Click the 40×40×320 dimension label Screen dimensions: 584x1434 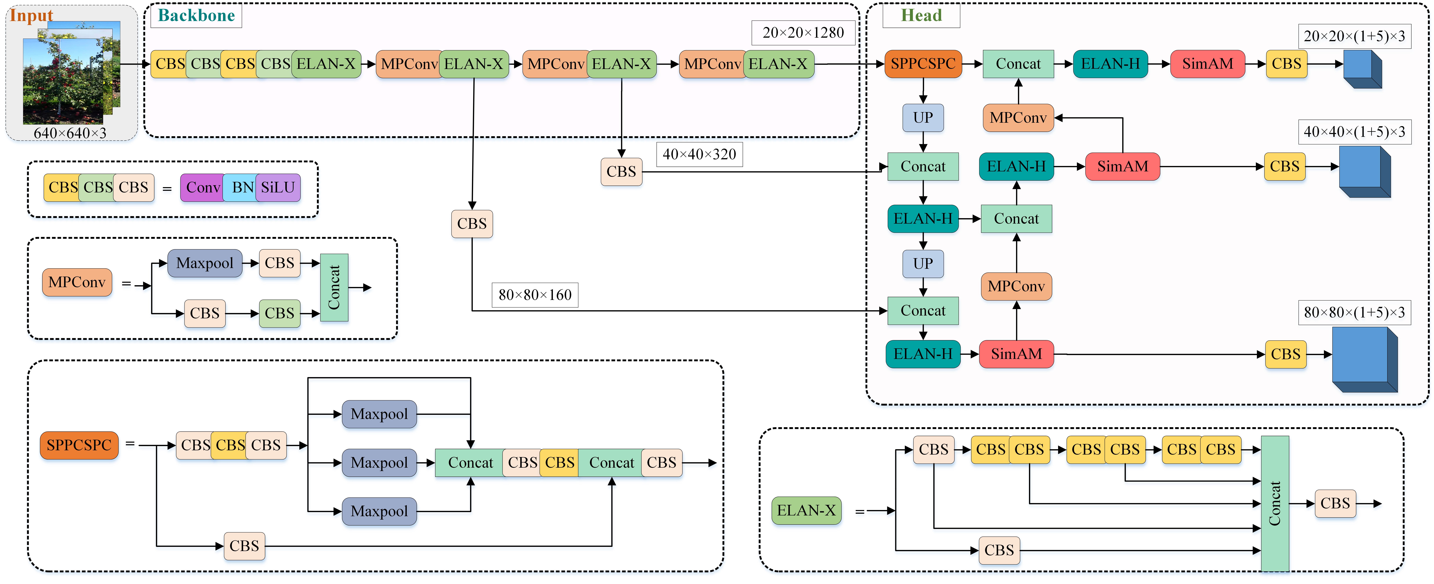699,154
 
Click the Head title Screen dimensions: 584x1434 921,16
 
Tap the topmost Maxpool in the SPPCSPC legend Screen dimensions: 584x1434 379,414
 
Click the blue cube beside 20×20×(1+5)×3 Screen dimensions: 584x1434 1361,69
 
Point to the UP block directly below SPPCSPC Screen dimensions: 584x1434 922,118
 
